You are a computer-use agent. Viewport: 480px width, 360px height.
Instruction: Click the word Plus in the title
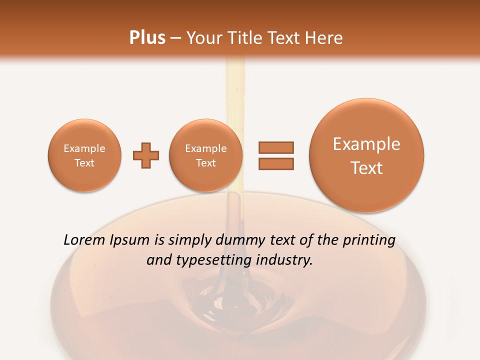pos(147,38)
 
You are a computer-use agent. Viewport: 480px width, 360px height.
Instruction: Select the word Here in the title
pos(325,38)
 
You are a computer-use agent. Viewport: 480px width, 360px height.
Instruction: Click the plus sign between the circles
pos(146,155)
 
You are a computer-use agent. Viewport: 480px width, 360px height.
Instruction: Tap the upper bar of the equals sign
pos(276,147)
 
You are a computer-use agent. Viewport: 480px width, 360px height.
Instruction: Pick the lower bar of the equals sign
pos(276,163)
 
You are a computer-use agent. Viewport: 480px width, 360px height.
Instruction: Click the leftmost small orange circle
pos(84,155)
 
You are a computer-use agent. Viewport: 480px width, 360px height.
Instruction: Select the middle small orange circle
pos(206,155)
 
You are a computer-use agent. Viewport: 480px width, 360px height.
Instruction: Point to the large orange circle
pos(366,155)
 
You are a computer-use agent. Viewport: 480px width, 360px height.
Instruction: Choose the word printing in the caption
pos(368,240)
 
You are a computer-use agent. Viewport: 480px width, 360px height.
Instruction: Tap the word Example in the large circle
pos(366,144)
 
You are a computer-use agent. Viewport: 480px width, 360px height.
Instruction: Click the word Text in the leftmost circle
pos(84,163)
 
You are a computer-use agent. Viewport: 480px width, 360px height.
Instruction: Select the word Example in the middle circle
pos(206,148)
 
